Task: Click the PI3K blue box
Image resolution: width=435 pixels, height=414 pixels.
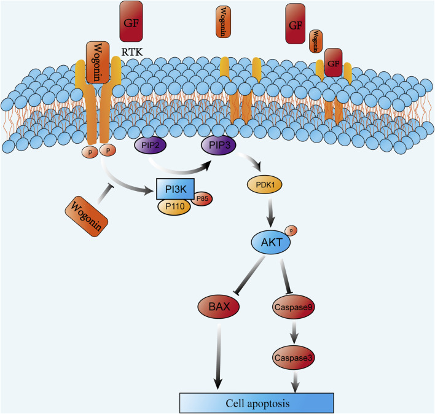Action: [175, 189]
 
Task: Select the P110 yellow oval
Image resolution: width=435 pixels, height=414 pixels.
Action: [174, 206]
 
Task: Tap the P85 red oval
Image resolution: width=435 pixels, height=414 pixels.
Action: [202, 198]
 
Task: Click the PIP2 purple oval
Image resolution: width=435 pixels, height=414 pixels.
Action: [150, 145]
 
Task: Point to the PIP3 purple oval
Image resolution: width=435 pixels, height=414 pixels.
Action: [219, 145]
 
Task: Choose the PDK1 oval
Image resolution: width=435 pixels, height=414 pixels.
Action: [265, 184]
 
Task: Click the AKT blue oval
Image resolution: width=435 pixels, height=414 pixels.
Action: [271, 242]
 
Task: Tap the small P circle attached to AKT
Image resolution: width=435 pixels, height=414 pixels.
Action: [291, 230]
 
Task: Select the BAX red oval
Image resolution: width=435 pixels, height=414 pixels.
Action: [219, 307]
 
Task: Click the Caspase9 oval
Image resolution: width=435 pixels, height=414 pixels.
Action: [294, 307]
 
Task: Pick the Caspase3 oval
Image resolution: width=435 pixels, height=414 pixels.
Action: [294, 357]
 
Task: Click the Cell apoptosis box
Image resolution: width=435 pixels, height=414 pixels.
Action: [257, 403]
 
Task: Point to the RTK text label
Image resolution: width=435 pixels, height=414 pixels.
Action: [132, 52]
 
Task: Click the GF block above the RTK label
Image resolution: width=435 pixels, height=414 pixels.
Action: [131, 21]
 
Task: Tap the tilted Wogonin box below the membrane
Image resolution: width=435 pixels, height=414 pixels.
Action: [86, 216]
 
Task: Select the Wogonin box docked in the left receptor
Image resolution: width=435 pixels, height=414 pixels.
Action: [97, 63]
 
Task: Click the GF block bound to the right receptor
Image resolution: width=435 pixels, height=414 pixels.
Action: [333, 63]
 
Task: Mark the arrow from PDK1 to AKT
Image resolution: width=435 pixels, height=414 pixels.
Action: [270, 213]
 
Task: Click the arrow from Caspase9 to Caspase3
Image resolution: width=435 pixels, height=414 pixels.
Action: [294, 332]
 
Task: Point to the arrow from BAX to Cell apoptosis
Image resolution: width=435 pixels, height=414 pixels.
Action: [219, 357]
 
